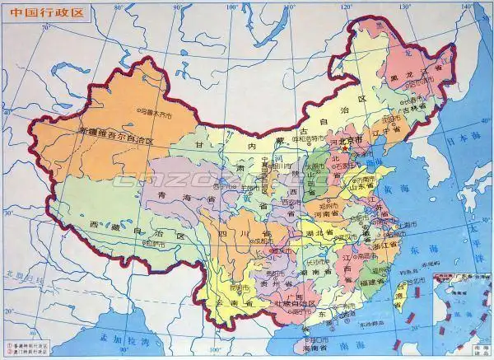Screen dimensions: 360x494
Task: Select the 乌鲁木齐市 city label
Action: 156,109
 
